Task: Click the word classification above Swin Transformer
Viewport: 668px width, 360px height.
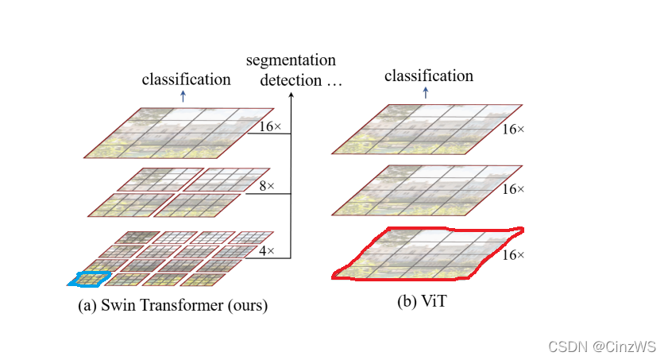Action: (x=187, y=79)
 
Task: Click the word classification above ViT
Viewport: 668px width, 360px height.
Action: (x=429, y=75)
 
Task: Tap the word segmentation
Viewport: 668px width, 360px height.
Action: (x=291, y=60)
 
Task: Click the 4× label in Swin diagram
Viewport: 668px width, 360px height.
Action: (x=266, y=251)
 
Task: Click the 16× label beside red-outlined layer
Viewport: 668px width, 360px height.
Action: (x=513, y=255)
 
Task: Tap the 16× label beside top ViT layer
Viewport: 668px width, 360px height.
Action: (x=513, y=129)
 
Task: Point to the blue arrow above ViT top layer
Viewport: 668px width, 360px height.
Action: (x=426, y=93)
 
